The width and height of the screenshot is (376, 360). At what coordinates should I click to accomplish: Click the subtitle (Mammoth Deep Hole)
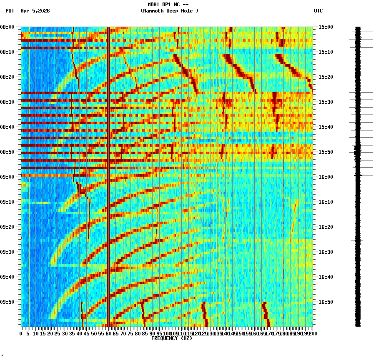[x=169, y=11]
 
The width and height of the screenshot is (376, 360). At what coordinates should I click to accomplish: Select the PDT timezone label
[x=10, y=11]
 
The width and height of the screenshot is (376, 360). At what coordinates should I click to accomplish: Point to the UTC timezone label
[x=318, y=11]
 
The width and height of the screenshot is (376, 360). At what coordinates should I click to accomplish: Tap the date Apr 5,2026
[x=35, y=11]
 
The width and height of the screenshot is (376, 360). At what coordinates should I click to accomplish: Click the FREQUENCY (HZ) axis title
[x=171, y=338]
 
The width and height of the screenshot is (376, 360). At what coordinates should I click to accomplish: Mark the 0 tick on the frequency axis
[x=21, y=334]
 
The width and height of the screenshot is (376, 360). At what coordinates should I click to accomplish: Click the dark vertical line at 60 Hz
[x=108, y=175]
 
